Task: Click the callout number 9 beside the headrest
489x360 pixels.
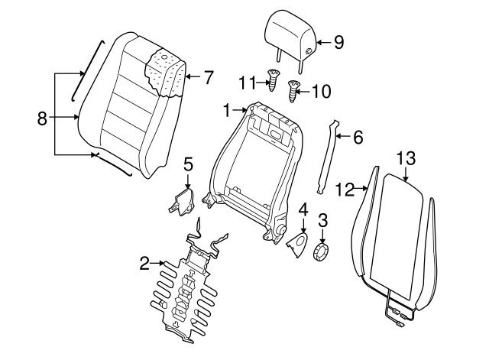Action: (338, 42)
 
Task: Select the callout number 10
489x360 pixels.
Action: (321, 92)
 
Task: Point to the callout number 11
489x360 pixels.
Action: (246, 81)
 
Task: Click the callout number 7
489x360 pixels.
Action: (208, 76)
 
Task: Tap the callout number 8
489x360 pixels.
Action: (43, 118)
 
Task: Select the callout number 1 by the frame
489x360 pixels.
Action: (227, 111)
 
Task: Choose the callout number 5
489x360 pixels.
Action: (189, 163)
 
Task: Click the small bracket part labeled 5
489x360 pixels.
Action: (182, 201)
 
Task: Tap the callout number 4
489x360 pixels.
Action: (303, 208)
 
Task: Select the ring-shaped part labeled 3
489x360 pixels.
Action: (322, 250)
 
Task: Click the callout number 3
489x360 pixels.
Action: (322, 220)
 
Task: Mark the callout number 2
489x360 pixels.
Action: (144, 264)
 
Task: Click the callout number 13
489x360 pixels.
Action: (406, 158)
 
